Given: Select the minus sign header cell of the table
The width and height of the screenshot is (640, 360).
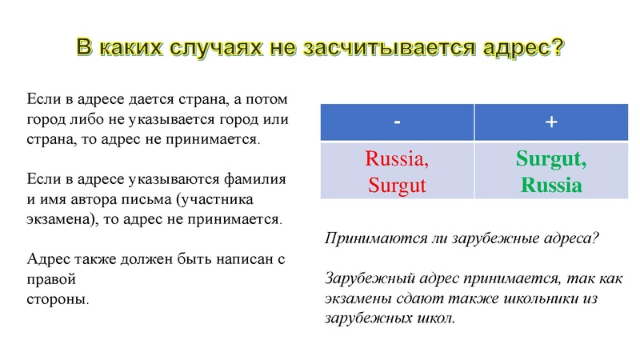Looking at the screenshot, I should pyautogui.click(x=398, y=122).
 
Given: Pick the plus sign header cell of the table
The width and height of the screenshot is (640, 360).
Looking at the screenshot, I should pyautogui.click(x=550, y=122).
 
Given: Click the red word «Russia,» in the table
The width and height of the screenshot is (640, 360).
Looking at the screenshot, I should pyautogui.click(x=398, y=159).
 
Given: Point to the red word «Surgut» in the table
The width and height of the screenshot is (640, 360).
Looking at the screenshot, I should pyautogui.click(x=398, y=186).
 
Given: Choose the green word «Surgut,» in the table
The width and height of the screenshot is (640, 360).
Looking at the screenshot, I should pyautogui.click(x=550, y=159).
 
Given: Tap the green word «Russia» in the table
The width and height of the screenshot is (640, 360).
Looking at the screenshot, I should pyautogui.click(x=550, y=186).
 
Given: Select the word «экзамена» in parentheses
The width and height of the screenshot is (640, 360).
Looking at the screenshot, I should pyautogui.click(x=60, y=218).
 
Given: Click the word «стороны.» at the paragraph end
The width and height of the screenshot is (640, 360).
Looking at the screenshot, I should pyautogui.click(x=58, y=300).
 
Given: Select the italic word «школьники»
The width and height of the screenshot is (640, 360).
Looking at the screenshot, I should pyautogui.click(x=539, y=298).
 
